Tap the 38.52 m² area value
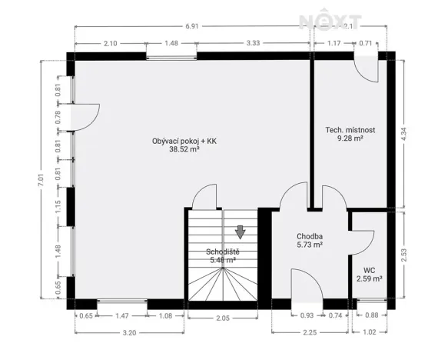pyautogui.click(x=184, y=150)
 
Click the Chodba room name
pyautogui.click(x=309, y=236)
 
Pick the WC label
pyautogui.click(x=370, y=270)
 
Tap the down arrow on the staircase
pyautogui.click(x=241, y=232)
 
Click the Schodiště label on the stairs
pyautogui.click(x=222, y=252)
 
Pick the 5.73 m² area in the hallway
pyautogui.click(x=309, y=245)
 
